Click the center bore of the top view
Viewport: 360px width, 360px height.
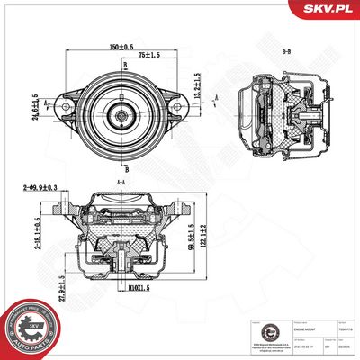point(120,115)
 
